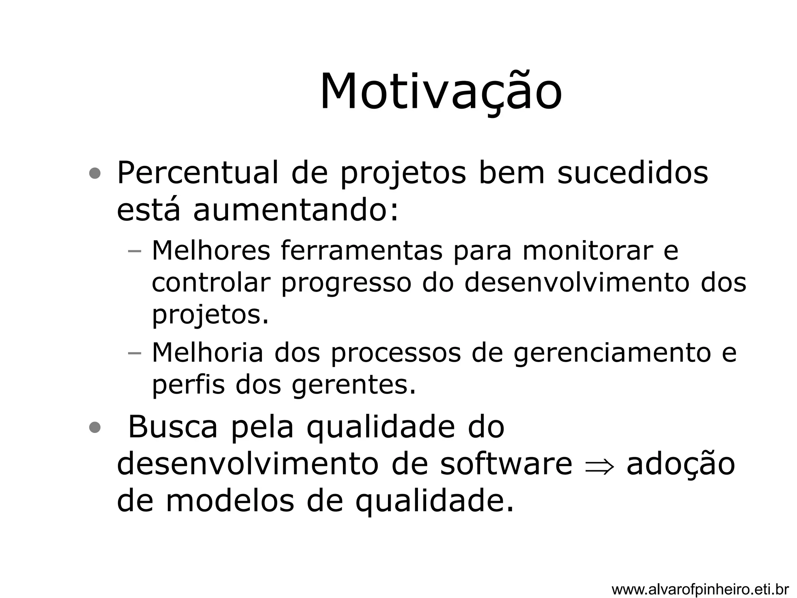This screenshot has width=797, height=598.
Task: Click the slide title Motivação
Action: (441, 92)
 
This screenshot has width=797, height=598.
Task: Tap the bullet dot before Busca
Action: (95, 428)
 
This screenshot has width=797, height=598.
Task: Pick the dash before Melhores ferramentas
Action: (134, 251)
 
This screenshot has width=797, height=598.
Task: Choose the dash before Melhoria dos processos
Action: (134, 353)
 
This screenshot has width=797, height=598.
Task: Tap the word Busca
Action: (172, 427)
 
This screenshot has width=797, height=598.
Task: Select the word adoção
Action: (681, 464)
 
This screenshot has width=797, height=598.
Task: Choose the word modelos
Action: (230, 501)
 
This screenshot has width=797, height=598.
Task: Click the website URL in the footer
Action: (700, 589)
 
